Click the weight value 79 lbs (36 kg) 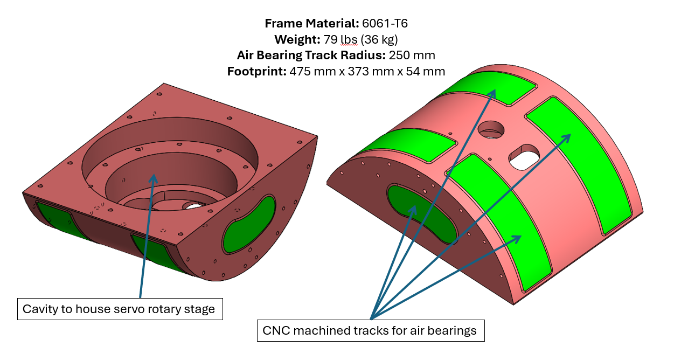coord(360,39)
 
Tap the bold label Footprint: coord(256,71)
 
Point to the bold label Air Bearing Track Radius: coord(309,55)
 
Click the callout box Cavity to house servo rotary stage coord(120,309)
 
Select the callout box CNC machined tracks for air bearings coord(370,330)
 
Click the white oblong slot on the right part coord(524,157)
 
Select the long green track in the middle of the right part coord(498,221)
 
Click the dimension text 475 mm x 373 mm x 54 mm coord(367,71)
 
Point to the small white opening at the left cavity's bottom coord(191,206)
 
